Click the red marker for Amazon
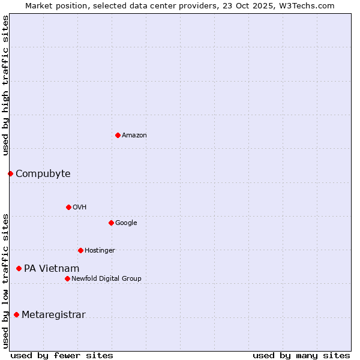click(x=118, y=135)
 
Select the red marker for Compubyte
click(x=10, y=173)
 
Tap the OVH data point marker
click(x=68, y=207)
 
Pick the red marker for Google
click(x=111, y=223)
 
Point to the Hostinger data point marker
click(x=80, y=250)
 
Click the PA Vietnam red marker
click(x=19, y=268)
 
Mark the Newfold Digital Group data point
click(x=67, y=278)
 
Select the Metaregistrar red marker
click(x=16, y=314)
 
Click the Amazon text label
click(x=134, y=136)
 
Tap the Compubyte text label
click(x=43, y=174)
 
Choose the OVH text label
click(x=80, y=208)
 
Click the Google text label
click(x=126, y=223)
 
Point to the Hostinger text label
click(x=100, y=251)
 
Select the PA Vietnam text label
click(x=52, y=269)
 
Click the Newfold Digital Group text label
click(x=107, y=279)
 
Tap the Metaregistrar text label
click(x=53, y=315)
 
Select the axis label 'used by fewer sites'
click(x=62, y=355)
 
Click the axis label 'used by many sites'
click(x=301, y=355)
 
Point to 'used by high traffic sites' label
click(x=6, y=85)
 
